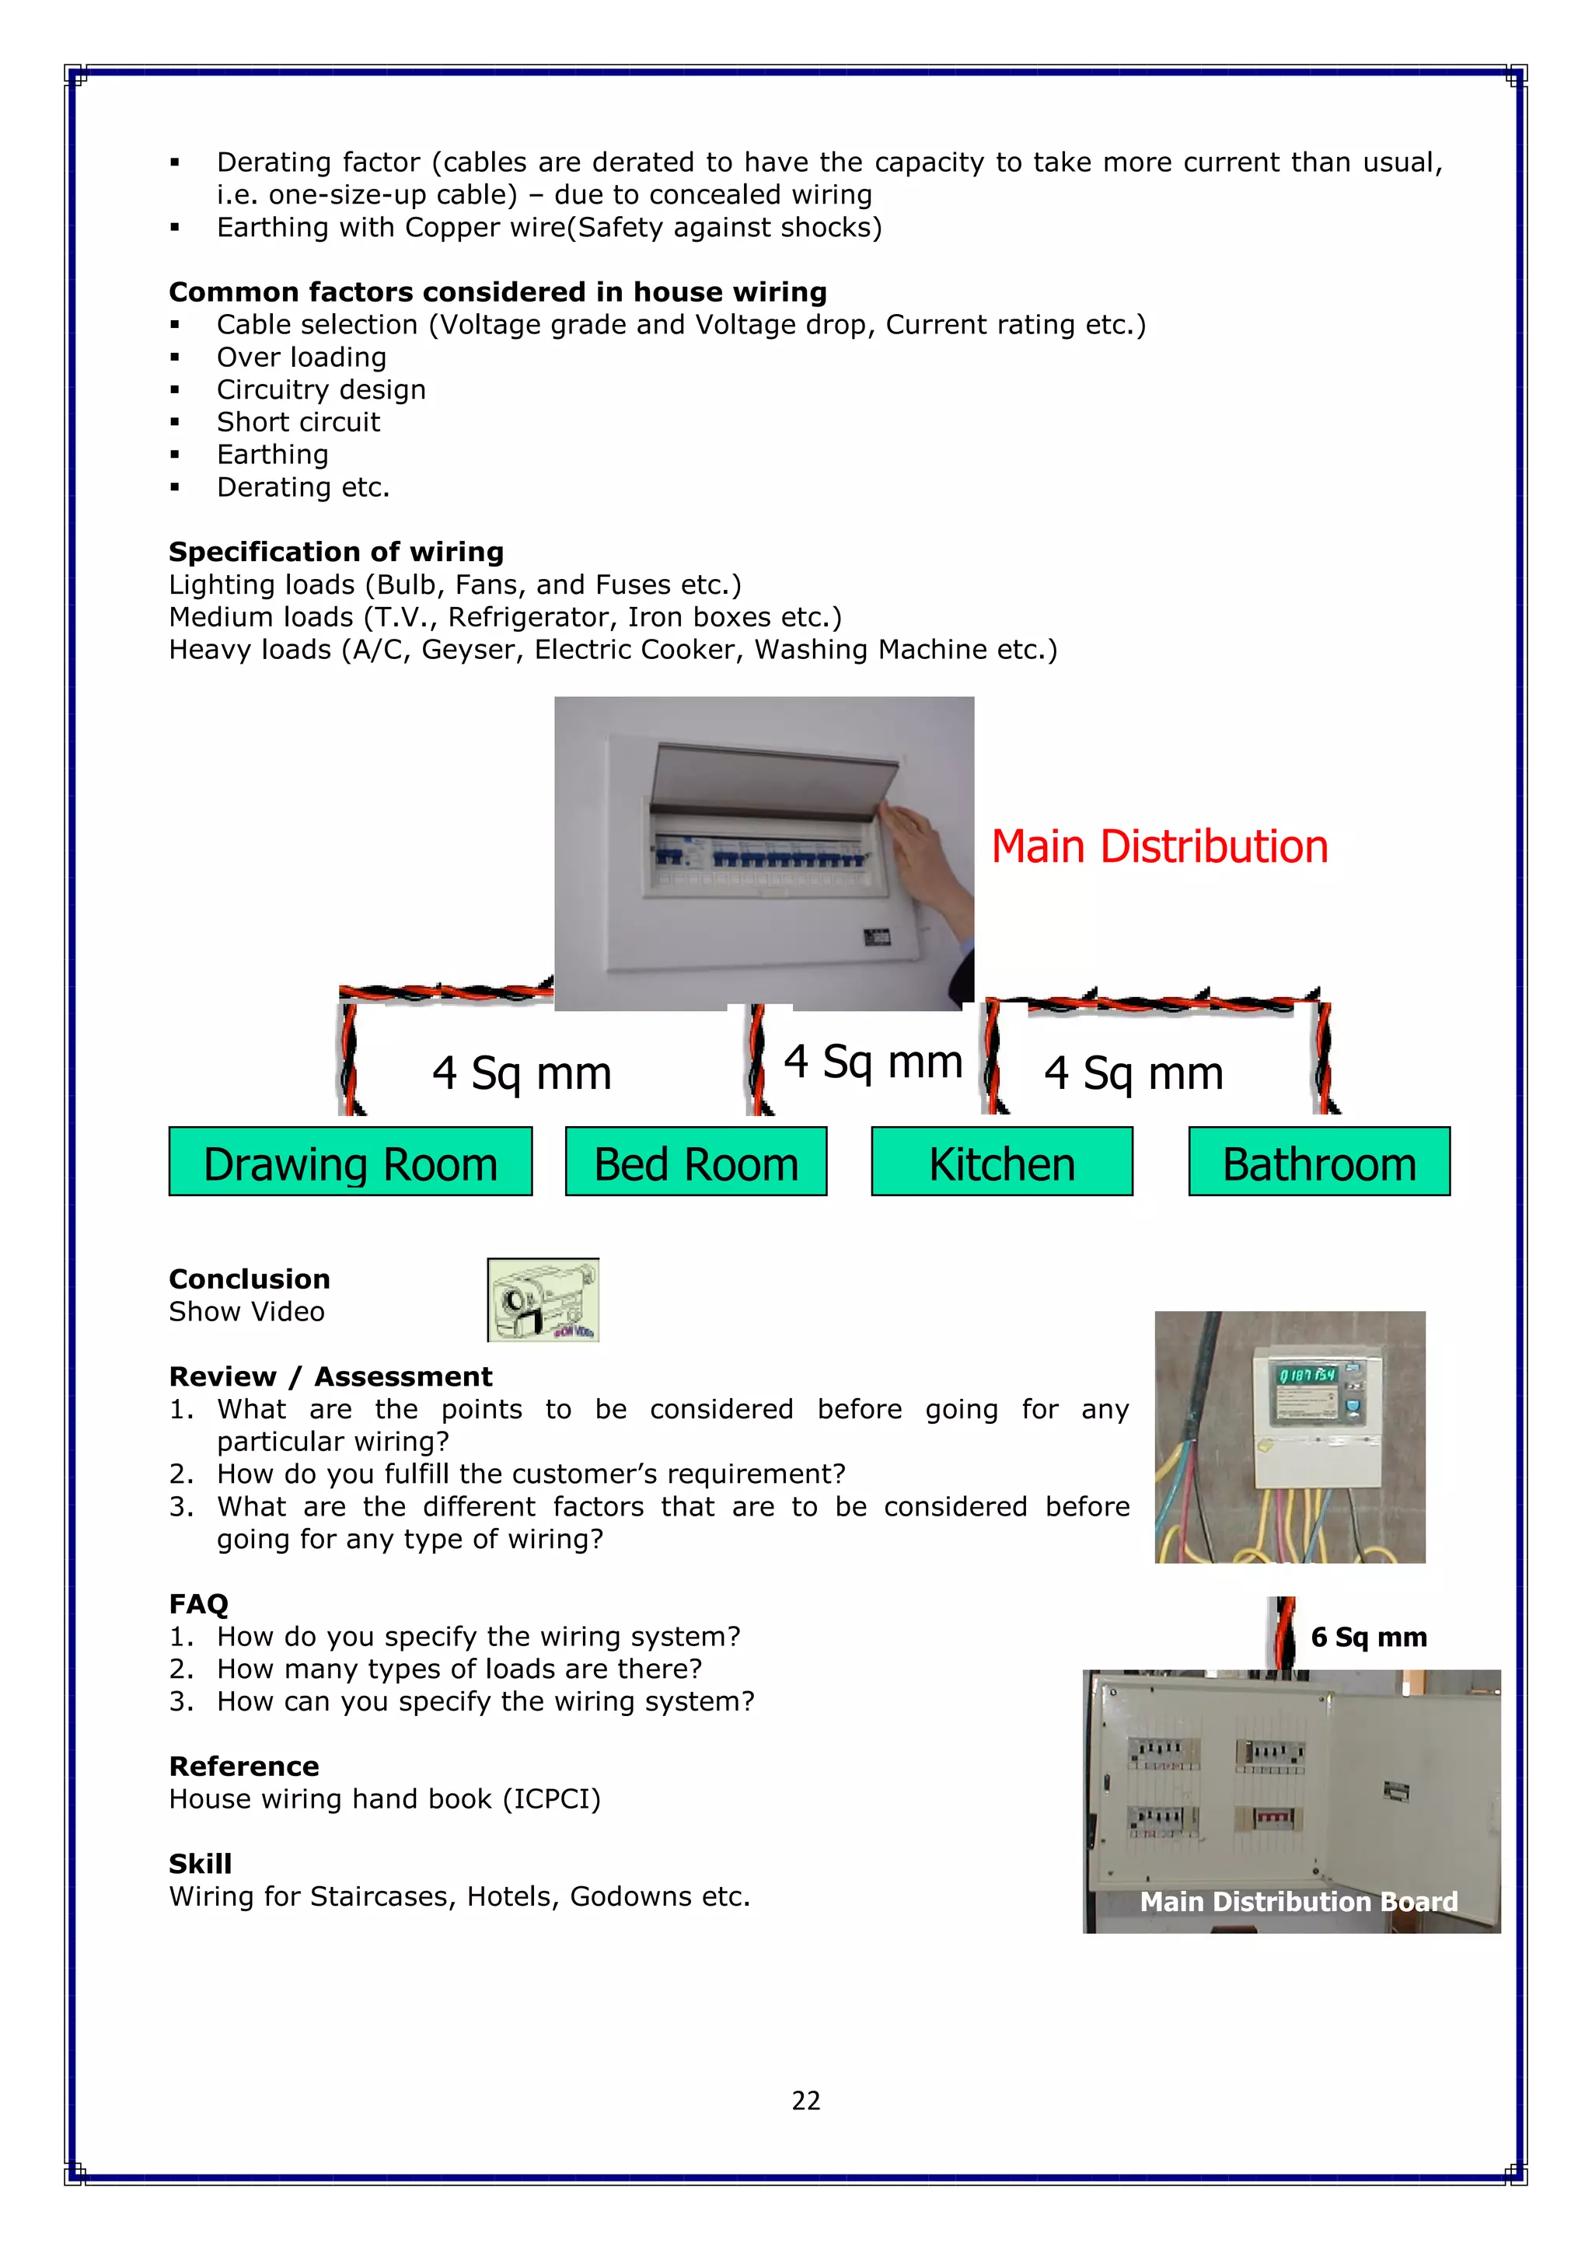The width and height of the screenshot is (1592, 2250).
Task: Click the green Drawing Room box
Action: [x=350, y=1161]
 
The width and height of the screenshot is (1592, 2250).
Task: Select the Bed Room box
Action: [x=696, y=1161]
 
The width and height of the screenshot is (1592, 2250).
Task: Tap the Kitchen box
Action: [x=1002, y=1161]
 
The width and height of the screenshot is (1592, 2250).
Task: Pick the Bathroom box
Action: [x=1319, y=1161]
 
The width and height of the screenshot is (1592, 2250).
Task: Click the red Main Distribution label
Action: [x=1160, y=846]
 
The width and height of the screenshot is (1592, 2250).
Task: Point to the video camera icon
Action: [x=543, y=1299]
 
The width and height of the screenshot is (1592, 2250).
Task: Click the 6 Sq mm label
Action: [x=1368, y=1637]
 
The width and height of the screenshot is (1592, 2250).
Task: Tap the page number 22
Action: [x=806, y=2100]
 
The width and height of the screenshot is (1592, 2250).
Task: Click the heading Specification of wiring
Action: [x=337, y=552]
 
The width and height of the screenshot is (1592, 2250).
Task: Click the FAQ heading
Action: [x=198, y=1603]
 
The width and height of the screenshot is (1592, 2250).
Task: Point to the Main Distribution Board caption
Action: [x=1299, y=1901]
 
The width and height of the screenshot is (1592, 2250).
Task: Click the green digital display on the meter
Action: [x=1307, y=1375]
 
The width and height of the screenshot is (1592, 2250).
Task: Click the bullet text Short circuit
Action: [x=298, y=421]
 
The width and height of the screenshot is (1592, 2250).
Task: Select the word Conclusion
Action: [x=249, y=1278]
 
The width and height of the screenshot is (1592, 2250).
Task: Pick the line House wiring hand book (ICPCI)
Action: [x=384, y=1798]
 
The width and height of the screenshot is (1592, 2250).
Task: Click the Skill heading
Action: [x=200, y=1863]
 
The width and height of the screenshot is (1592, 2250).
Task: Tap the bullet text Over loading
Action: [x=301, y=357]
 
